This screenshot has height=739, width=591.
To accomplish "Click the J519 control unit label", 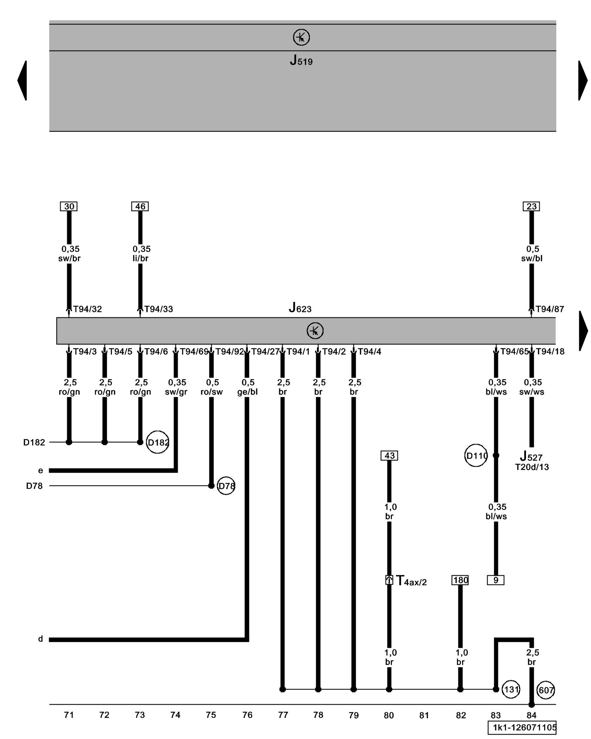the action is (x=301, y=60).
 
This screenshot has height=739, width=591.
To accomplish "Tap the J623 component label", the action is (x=300, y=307).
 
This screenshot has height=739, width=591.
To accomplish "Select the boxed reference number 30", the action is (x=69, y=206).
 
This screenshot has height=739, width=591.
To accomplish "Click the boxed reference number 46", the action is (x=140, y=206).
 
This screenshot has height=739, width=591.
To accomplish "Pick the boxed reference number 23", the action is (x=531, y=206).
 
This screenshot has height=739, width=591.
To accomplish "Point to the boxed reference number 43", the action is (x=389, y=456).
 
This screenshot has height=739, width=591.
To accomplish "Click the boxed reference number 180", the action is (x=460, y=580).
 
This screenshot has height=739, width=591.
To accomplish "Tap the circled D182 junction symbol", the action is (x=158, y=442).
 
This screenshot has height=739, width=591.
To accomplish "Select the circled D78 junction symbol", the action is (x=226, y=486).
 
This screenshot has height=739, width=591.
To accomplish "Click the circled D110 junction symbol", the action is (x=476, y=456).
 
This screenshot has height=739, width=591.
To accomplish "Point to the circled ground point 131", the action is (x=511, y=689).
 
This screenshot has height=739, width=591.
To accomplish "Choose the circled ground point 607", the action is (x=546, y=690).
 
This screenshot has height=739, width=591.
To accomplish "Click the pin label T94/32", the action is (x=88, y=309).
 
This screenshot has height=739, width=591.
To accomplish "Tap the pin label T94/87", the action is (x=550, y=309).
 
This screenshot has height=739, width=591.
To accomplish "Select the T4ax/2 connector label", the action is (x=411, y=581).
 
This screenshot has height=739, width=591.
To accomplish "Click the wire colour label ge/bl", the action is (x=247, y=392).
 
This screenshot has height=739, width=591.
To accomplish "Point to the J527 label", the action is (x=531, y=456).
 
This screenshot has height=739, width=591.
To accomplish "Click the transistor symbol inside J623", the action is (x=315, y=331).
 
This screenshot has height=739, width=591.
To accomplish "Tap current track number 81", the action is (x=424, y=715).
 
